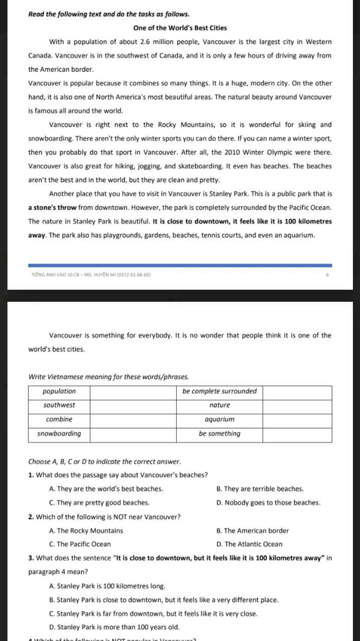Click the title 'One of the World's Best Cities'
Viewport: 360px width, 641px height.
pos(180,28)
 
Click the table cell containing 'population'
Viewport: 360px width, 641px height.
pos(59,391)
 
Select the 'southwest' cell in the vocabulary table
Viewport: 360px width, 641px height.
pos(59,405)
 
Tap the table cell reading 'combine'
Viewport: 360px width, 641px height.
pos(59,419)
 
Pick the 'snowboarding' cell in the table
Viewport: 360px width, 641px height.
pos(59,434)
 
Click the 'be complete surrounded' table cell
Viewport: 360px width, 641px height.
pos(219,391)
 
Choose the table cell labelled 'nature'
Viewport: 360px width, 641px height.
pos(219,405)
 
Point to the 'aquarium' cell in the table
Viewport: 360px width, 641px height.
pos(219,419)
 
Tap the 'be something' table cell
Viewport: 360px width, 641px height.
pos(219,434)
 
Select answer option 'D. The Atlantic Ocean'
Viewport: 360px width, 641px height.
pos(249,544)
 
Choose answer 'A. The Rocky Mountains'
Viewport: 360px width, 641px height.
pos(86,530)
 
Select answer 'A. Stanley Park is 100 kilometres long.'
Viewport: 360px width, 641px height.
pos(107,586)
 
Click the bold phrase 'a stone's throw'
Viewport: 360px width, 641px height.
pos(52,207)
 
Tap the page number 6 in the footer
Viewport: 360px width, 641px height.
pos(327,275)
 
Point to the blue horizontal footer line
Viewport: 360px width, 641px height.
pos(180,265)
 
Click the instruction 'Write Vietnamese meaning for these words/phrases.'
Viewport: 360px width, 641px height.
pos(108,376)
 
